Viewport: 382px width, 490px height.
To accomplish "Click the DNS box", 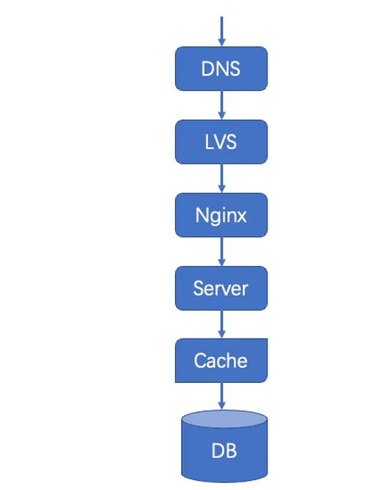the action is pyautogui.click(x=221, y=69).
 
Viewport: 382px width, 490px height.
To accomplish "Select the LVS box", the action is pyautogui.click(x=221, y=142).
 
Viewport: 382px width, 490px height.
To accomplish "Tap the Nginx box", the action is pyautogui.click(x=221, y=215).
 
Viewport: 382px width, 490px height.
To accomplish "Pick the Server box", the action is pyautogui.click(x=221, y=288).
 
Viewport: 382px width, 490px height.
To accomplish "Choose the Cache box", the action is pyautogui.click(x=221, y=360).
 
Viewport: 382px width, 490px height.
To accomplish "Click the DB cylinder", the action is pyautogui.click(x=225, y=446).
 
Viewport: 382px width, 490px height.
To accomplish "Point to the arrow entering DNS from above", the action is pyautogui.click(x=222, y=31).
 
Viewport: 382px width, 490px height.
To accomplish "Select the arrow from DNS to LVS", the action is pyautogui.click(x=222, y=105).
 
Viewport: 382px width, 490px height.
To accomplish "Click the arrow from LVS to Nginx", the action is pyautogui.click(x=222, y=178).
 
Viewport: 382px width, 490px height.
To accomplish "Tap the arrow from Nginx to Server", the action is pyautogui.click(x=222, y=251).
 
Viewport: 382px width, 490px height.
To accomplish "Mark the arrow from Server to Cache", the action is pyautogui.click(x=222, y=324).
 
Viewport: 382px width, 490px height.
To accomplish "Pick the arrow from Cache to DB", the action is pyautogui.click(x=222, y=396).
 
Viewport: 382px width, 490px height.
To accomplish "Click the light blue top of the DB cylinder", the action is pyautogui.click(x=225, y=419).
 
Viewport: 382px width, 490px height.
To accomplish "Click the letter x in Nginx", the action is pyautogui.click(x=241, y=216).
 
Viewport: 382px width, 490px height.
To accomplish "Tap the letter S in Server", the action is pyautogui.click(x=199, y=288).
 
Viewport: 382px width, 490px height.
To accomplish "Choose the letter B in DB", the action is pyautogui.click(x=231, y=451).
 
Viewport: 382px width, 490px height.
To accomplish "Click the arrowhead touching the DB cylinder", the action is pyautogui.click(x=222, y=406).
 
